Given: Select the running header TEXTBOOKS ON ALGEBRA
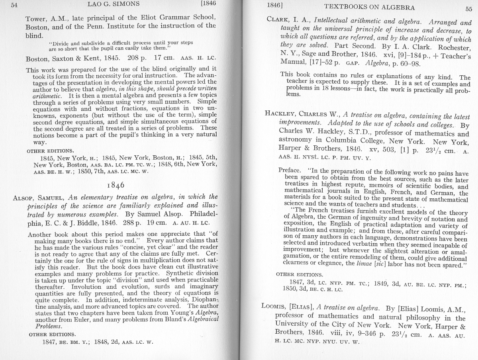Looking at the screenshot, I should pyautogui.click(x=369, y=7).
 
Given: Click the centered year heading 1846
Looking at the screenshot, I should pyautogui.click(x=116, y=185).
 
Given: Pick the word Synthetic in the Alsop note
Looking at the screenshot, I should pyautogui.click(x=179, y=274).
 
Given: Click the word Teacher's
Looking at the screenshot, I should pyautogui.click(x=455, y=57).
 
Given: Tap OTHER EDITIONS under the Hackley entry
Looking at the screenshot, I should pyautogui.click(x=300, y=275).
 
